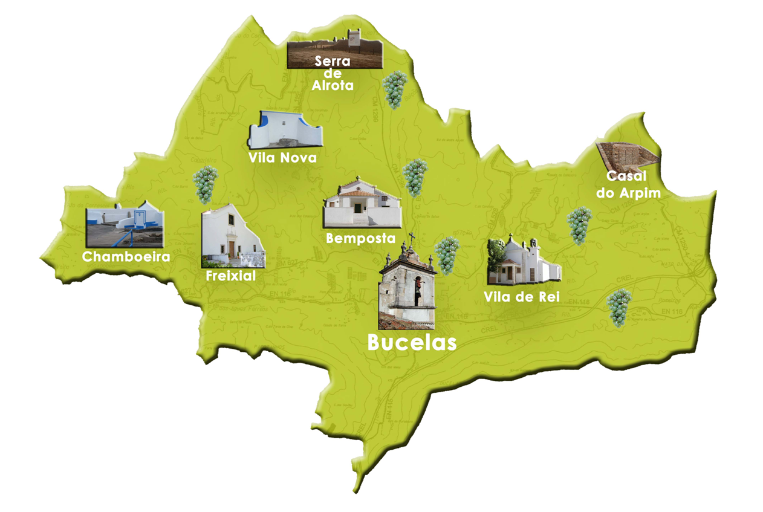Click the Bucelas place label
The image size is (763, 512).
412,343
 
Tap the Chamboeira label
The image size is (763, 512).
126,256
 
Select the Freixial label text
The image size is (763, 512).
231,276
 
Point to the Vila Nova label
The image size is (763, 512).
282,158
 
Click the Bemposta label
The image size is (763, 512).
360,238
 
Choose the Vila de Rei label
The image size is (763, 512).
522,297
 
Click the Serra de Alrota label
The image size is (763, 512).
333,73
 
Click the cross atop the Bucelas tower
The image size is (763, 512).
412,237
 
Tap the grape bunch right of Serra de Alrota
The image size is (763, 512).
395,89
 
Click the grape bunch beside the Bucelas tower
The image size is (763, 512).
447,255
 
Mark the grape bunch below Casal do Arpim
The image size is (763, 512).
579,225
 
